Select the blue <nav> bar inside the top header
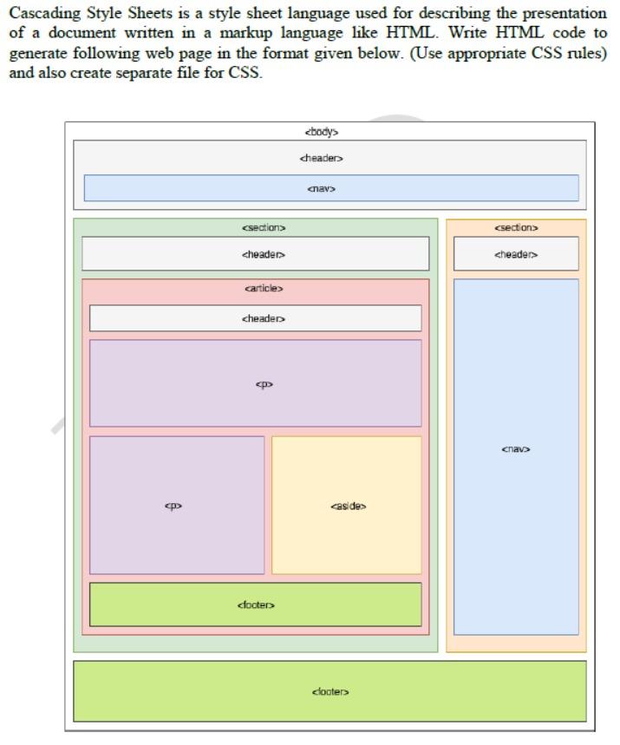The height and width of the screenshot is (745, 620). pos(330,188)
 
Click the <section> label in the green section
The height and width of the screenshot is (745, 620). pos(264,228)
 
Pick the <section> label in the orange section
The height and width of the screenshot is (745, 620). pos(516,228)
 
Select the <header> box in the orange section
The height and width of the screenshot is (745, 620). pos(516,254)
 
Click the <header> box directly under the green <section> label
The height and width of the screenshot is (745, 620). pos(256,254)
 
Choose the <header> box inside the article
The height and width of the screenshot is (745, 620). pos(256,318)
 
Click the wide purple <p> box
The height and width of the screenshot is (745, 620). pos(256,382)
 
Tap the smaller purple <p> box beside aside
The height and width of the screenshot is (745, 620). pos(177,505)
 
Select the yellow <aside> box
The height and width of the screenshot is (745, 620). pos(347,505)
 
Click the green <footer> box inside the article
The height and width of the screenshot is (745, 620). pos(256,604)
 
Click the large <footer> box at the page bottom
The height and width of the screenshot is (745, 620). pos(330,691)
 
